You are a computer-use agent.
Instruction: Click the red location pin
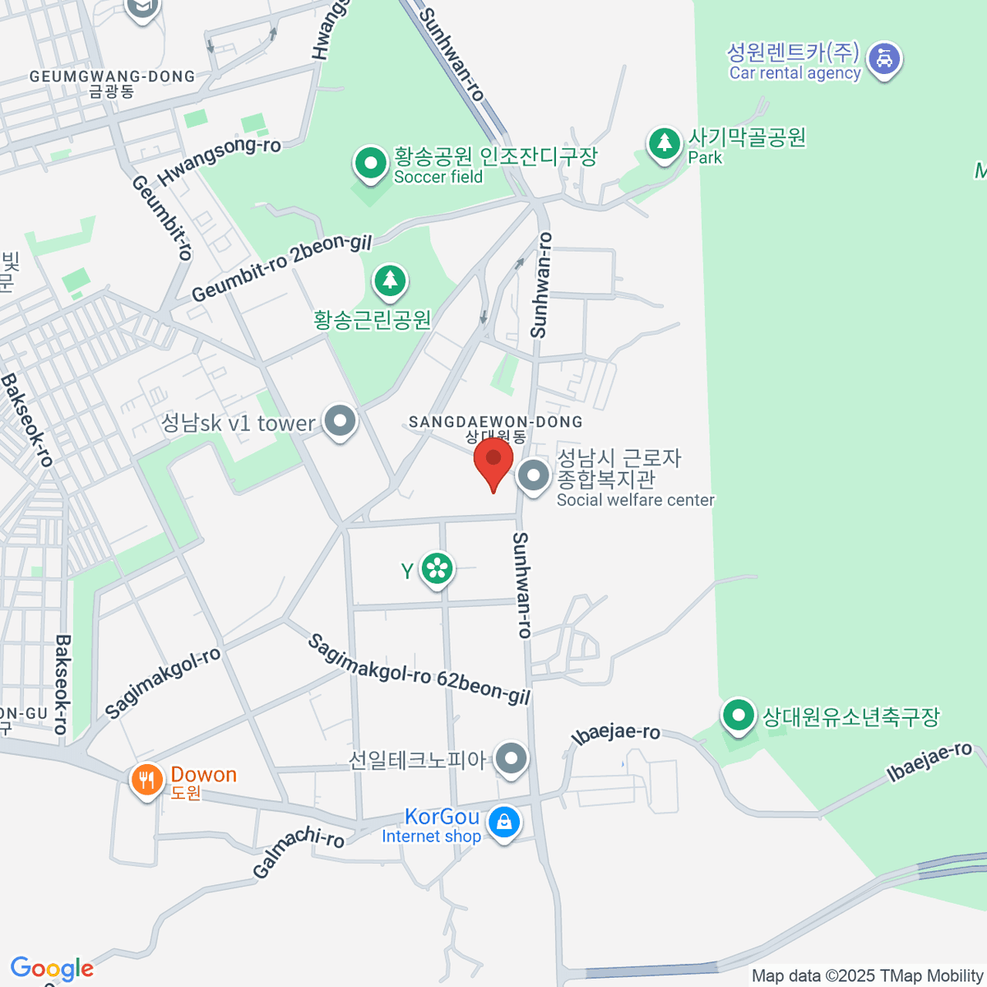(493, 461)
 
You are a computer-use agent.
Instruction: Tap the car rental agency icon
(884, 59)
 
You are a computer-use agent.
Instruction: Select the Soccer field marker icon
(371, 164)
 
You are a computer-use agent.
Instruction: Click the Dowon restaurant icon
(146, 779)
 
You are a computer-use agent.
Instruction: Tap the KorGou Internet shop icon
(503, 822)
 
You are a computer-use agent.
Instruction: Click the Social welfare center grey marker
(534, 475)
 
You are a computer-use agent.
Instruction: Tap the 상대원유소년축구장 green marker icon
(738, 716)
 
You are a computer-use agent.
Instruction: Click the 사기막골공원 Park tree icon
(664, 144)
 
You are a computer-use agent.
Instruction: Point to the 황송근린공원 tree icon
(390, 281)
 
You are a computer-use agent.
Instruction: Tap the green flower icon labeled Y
(437, 568)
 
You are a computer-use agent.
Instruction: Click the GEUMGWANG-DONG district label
(112, 77)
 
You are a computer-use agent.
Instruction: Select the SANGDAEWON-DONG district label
(495, 422)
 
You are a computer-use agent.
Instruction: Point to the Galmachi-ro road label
(298, 852)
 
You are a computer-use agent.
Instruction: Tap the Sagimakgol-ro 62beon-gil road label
(419, 670)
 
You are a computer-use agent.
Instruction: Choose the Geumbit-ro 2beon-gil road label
(281, 268)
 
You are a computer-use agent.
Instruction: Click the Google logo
(52, 969)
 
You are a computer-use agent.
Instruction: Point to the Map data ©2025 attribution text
(868, 975)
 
